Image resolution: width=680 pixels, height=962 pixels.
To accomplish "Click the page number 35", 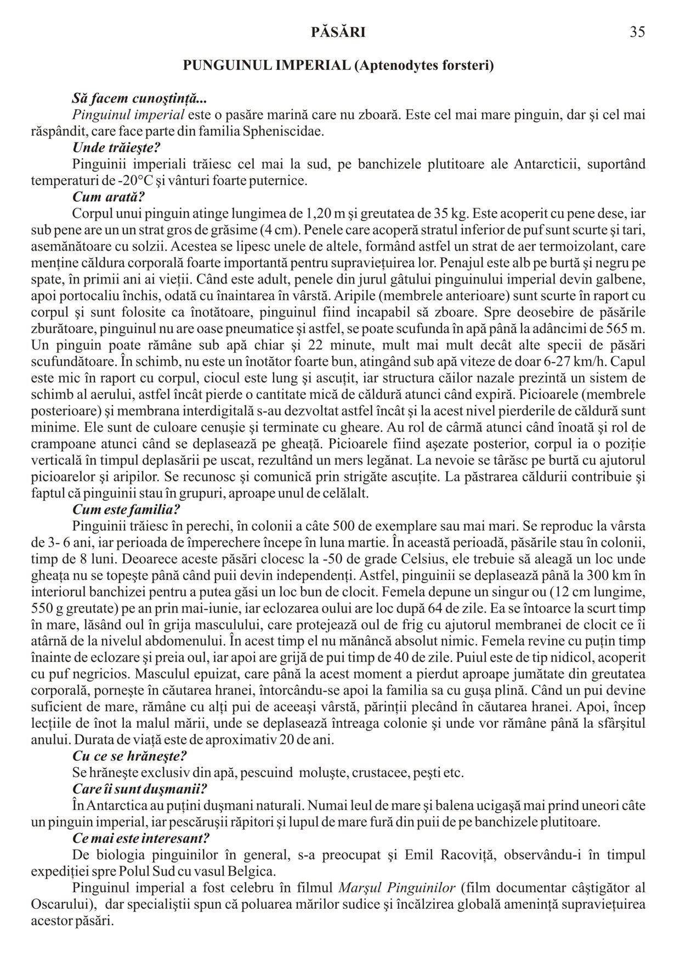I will click(637, 32).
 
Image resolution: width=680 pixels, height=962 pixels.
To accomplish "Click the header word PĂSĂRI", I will click(338, 32).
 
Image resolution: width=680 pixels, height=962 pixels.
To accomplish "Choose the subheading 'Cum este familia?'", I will click(127, 510).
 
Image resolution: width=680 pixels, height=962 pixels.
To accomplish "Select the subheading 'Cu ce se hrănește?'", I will click(130, 756).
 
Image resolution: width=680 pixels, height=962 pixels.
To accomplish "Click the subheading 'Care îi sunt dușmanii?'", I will click(140, 789).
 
